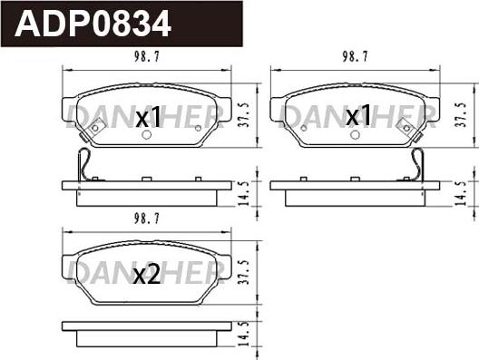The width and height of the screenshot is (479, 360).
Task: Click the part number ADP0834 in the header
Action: coord(94,22)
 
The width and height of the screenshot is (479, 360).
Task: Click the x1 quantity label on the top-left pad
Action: coord(147,117)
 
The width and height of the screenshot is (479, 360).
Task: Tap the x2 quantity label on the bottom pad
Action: coord(146,277)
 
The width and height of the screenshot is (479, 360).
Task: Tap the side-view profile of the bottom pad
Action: coord(145,338)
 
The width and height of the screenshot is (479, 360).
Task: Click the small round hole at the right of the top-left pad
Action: coord(198,128)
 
